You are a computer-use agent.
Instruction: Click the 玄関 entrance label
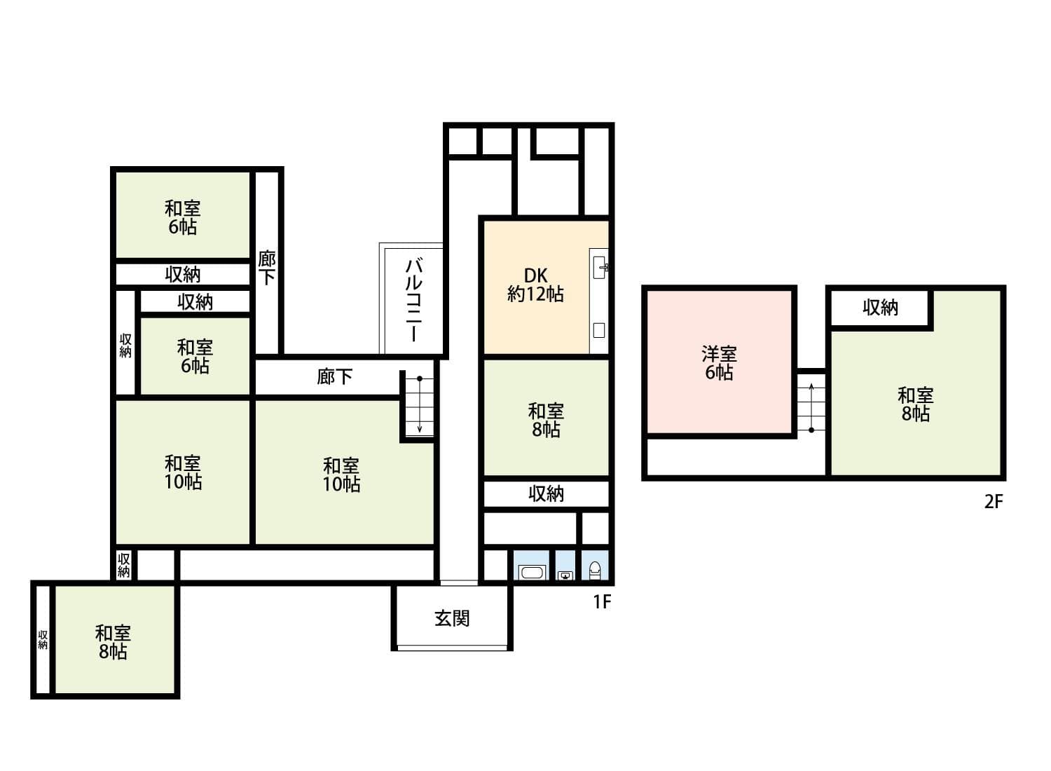[x=452, y=618]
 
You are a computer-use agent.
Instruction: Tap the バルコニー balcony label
[x=414, y=299]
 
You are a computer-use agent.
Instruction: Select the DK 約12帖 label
[x=535, y=285]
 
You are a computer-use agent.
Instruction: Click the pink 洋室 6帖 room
[x=719, y=362]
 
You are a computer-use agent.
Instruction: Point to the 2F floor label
[x=994, y=502]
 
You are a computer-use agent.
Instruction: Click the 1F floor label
[x=602, y=601]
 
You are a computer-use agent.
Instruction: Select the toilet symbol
[x=595, y=570]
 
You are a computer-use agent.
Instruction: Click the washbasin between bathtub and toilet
[x=565, y=575]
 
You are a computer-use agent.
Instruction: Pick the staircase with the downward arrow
[x=419, y=406]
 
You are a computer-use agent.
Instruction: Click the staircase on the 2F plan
[x=811, y=407]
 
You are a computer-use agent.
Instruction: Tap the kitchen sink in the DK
[x=600, y=267]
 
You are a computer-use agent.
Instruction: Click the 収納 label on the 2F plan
[x=880, y=307]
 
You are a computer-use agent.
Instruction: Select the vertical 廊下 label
[x=267, y=267]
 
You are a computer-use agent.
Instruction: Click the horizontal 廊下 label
[x=334, y=377]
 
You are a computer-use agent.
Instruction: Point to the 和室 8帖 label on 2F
[x=915, y=404]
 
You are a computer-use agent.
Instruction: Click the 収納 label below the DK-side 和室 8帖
[x=546, y=493]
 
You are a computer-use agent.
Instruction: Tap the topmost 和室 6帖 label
[x=182, y=217]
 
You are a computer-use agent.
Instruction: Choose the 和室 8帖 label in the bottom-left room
[x=112, y=642]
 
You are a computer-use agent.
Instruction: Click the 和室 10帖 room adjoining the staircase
[x=341, y=474]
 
